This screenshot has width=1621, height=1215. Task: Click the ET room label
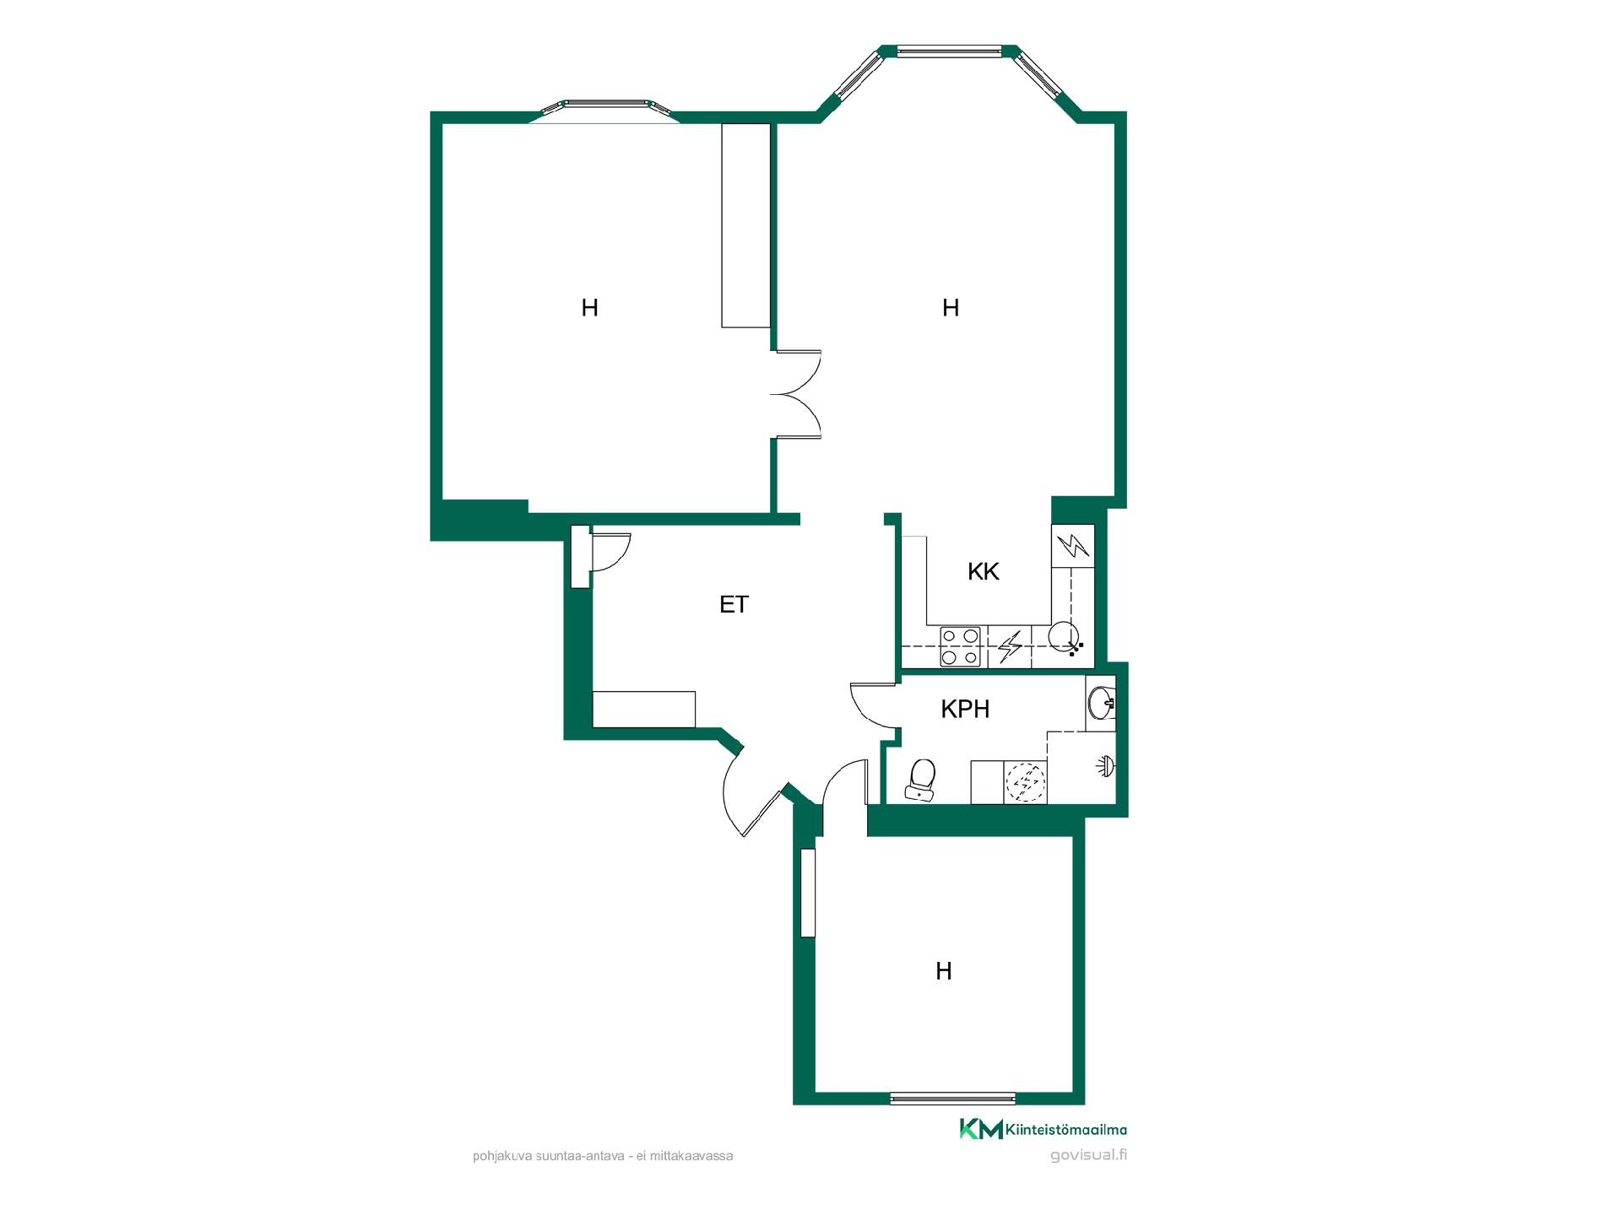pyautogui.click(x=734, y=604)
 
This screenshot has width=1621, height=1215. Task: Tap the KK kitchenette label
pyautogui.click(x=984, y=571)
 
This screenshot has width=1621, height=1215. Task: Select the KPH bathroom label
pyautogui.click(x=965, y=709)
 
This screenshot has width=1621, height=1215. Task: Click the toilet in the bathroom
pyautogui.click(x=921, y=779)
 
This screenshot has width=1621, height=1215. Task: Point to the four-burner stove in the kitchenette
pyautogui.click(x=961, y=646)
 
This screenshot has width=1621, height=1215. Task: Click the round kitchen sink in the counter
pyautogui.click(x=1063, y=634)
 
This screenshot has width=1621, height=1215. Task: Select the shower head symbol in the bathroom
pyautogui.click(x=1106, y=765)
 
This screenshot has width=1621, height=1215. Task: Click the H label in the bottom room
pyautogui.click(x=944, y=971)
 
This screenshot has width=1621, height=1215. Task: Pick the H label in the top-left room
pyautogui.click(x=589, y=308)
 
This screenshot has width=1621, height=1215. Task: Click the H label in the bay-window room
pyautogui.click(x=951, y=308)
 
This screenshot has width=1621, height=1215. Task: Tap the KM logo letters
pyautogui.click(x=981, y=1129)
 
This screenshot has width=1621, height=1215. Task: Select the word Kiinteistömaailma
pyautogui.click(x=1066, y=1130)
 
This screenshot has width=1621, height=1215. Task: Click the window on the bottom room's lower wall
pyautogui.click(x=952, y=1098)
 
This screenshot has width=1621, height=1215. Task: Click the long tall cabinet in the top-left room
pyautogui.click(x=745, y=225)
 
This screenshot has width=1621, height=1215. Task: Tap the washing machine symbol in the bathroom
pyautogui.click(x=1026, y=781)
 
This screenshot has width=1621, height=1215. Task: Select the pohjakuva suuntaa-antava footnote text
pyautogui.click(x=603, y=1156)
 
